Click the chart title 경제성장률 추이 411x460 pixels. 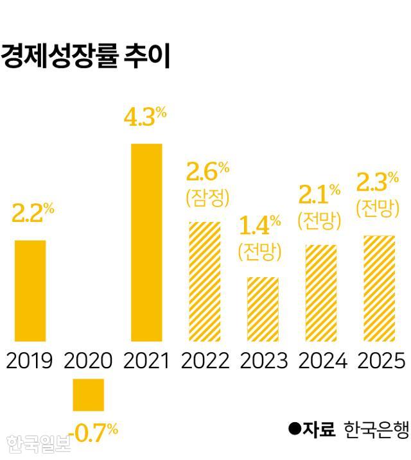pos(85,56)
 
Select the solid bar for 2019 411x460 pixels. pos(30,290)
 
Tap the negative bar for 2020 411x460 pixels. pos(88,394)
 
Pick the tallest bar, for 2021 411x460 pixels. pos(146,242)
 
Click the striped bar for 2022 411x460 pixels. pos(205,281)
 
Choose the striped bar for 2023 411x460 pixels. pos(263,309)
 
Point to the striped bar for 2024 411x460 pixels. pos(321,293)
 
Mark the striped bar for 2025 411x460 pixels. pos(379,288)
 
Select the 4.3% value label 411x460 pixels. pos(145,117)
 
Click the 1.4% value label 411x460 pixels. pos(260,225)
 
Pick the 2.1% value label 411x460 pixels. pos(319,193)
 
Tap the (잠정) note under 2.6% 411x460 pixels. pos(207,198)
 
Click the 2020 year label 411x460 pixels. pos(88,361)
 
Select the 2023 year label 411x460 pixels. pos(263,361)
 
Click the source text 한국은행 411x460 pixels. pos(376,430)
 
